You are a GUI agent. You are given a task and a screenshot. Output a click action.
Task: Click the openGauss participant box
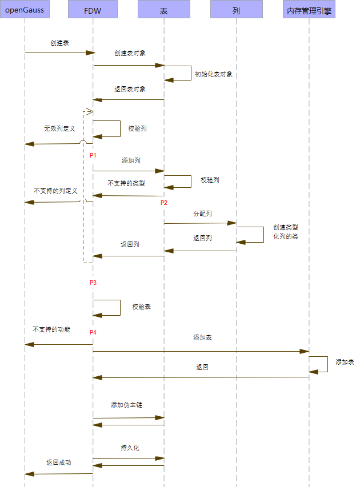pos(25,10)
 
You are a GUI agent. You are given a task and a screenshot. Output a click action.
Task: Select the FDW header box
pos(93,10)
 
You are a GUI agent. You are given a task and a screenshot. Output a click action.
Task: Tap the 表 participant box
pos(164,10)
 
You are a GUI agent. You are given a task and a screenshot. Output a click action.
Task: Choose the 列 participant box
pos(236,10)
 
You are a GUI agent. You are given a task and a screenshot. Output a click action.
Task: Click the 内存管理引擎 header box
pos(309,10)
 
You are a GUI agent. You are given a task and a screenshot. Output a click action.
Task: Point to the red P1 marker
pos(93,155)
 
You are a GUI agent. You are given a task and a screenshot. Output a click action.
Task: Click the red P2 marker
pos(164,203)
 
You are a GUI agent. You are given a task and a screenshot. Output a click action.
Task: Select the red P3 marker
pos(93,283)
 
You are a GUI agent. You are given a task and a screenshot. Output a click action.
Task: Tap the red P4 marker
pos(93,332)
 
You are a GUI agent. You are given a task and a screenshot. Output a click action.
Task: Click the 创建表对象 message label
pos(130,53)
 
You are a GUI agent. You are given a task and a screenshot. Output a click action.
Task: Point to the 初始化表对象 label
pos(213,74)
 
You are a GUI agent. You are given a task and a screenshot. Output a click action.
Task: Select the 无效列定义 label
pos(59,129)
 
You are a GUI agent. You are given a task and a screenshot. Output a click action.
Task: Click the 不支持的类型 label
pos(126,183)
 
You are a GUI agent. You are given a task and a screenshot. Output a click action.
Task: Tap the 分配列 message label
pos(202,214)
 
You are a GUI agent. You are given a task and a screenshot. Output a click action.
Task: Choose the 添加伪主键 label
pos(126,405)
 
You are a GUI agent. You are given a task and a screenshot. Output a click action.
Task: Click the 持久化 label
pos(130,448)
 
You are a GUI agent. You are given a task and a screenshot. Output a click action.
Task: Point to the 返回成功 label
pos(59,462)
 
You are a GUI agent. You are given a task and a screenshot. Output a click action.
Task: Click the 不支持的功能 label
pos(51,329)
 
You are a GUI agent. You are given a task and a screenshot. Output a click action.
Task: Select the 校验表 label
pos(141,307)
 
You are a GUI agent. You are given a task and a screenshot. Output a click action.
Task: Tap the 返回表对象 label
pos(130,89)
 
